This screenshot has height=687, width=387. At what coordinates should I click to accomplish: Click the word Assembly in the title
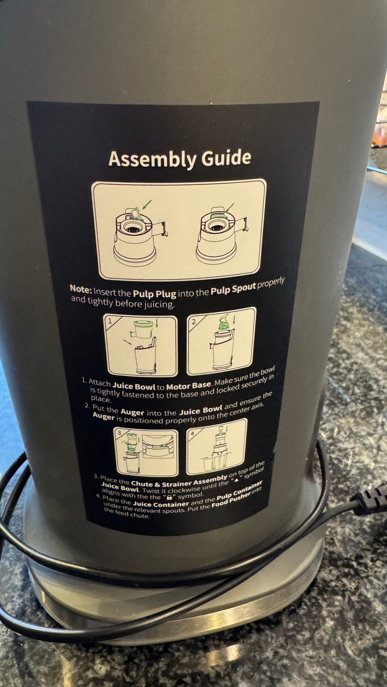152,159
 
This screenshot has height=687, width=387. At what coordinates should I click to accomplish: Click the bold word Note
81,289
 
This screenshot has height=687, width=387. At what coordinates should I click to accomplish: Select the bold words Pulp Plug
154,293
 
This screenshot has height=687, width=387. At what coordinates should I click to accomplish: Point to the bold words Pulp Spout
233,288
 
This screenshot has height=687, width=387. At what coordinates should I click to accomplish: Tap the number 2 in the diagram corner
194,322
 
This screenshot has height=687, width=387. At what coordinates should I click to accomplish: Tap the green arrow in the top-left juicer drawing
147,204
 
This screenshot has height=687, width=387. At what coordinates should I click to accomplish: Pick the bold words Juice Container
161,503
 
